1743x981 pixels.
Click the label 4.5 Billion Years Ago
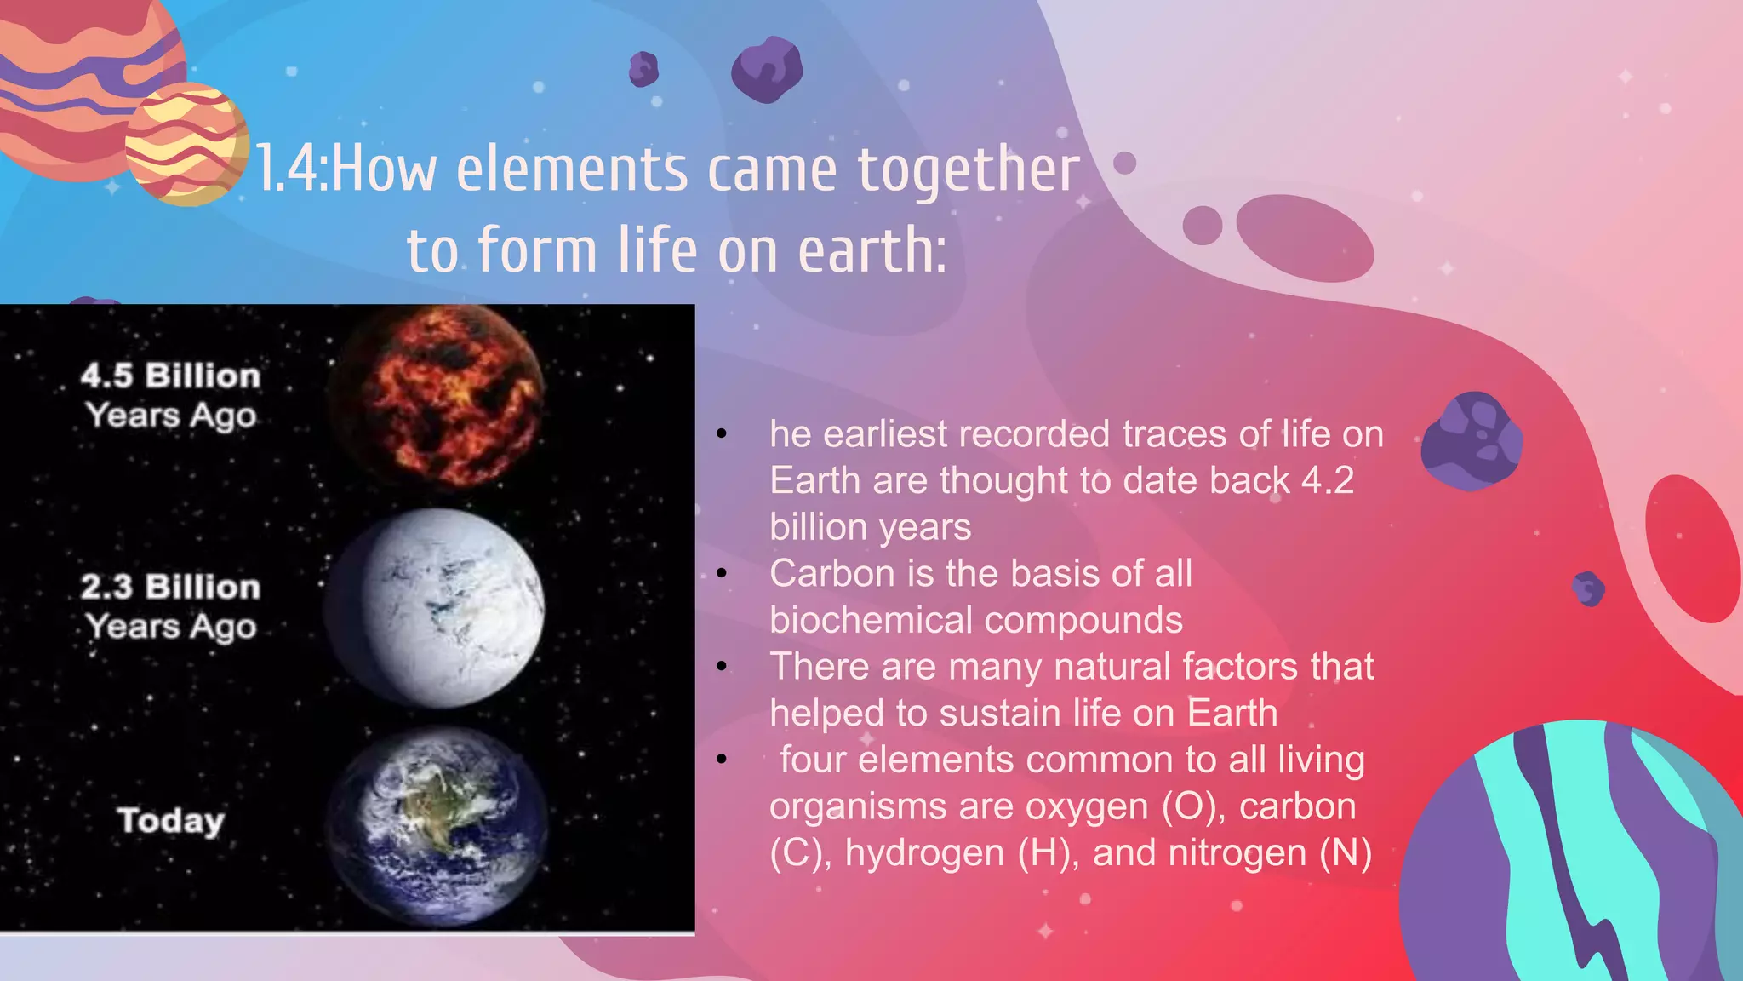(x=170, y=395)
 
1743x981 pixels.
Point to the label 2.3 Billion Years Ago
(x=170, y=606)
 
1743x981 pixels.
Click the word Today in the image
(x=171, y=821)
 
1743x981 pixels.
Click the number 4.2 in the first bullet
(x=1328, y=480)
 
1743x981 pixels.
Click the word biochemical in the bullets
(x=869, y=621)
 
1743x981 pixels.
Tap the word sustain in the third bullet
(x=999, y=714)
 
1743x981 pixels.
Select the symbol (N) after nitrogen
(x=1346, y=853)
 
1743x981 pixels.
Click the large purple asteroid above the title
(x=767, y=69)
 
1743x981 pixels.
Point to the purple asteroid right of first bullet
(x=1472, y=440)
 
